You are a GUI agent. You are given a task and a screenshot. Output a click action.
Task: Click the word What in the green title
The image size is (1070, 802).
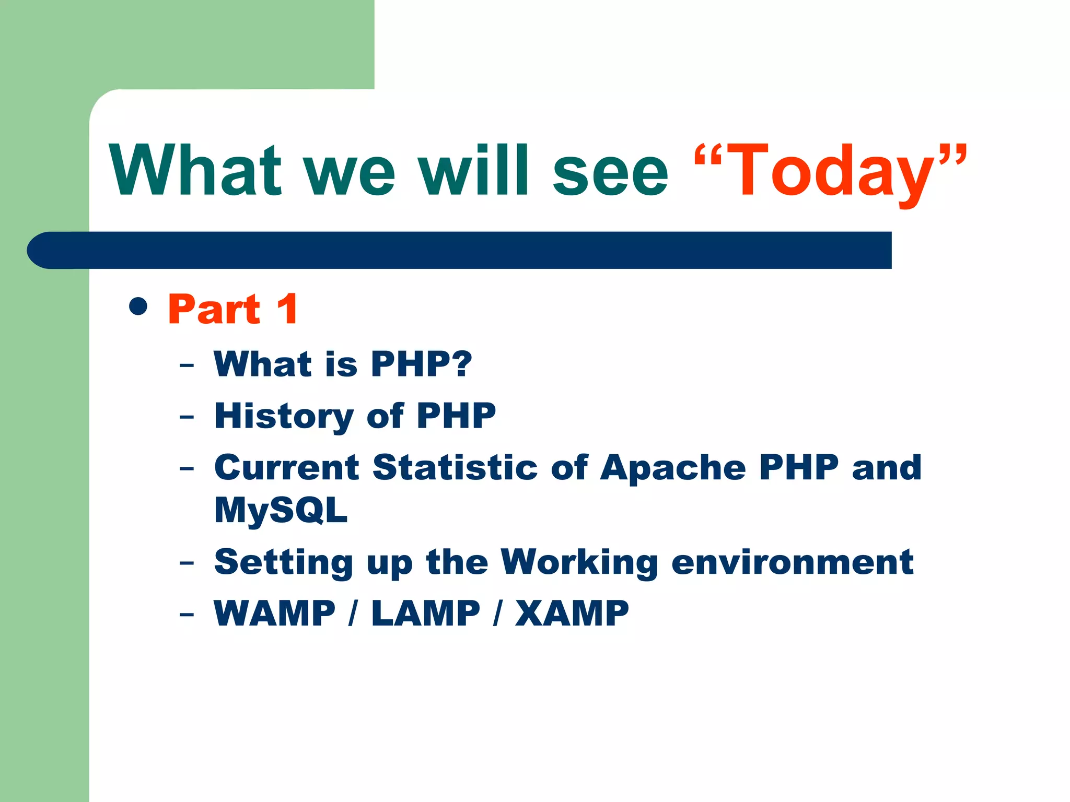195,171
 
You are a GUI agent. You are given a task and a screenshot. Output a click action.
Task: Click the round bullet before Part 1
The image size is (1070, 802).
138,306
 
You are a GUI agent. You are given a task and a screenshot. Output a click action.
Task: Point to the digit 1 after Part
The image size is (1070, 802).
288,309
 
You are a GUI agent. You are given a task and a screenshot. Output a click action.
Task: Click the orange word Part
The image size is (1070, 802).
214,309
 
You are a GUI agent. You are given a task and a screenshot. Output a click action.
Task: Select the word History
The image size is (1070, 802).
284,416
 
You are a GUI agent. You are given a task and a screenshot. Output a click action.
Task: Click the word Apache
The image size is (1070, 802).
673,468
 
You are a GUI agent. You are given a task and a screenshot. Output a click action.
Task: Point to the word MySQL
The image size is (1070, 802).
281,510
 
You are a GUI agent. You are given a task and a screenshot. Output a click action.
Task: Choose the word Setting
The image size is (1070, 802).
284,563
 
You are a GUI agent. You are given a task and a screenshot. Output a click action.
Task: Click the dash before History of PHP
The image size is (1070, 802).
187,417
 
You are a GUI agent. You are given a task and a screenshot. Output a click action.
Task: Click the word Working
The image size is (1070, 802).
579,563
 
